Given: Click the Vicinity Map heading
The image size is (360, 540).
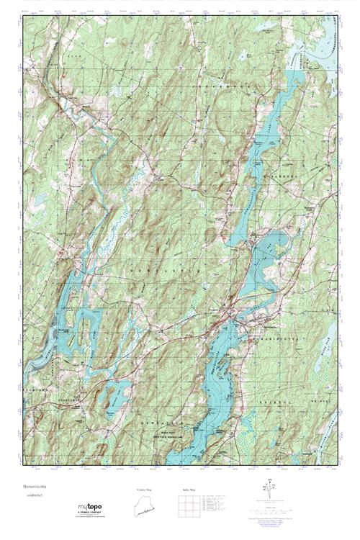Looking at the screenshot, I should (x=144, y=489).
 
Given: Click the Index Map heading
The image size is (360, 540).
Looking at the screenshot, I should (x=188, y=489).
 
